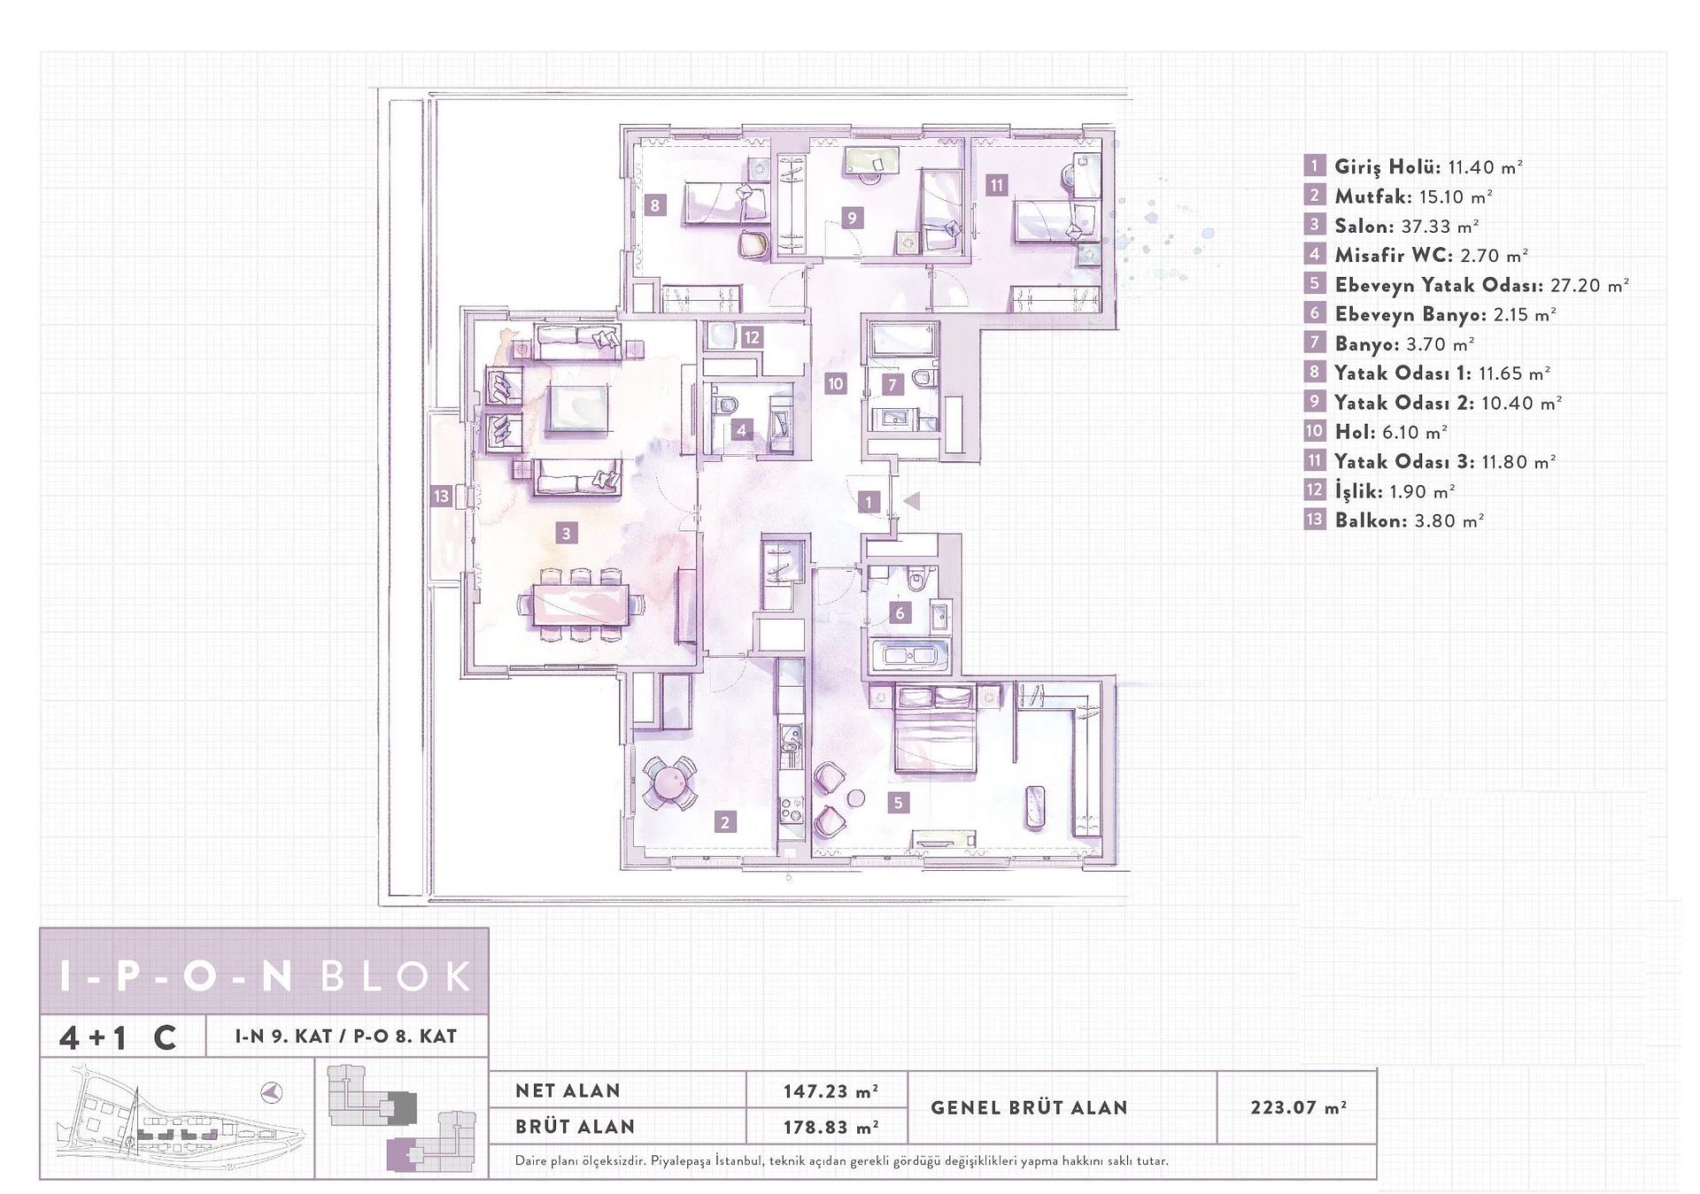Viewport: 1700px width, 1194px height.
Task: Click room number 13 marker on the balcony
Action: (441, 496)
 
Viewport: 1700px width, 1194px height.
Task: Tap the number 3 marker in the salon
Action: (567, 533)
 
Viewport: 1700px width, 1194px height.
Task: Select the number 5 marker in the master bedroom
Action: (899, 803)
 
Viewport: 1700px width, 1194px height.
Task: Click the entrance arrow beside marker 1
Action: (911, 501)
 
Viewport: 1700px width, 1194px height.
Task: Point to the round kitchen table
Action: (668, 782)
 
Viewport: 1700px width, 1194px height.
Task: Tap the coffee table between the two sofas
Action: (577, 408)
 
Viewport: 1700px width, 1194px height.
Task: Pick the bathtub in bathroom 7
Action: (901, 338)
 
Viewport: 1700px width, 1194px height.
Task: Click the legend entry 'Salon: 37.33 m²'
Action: (1407, 226)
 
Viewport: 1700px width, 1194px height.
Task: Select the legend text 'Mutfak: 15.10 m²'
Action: (1413, 196)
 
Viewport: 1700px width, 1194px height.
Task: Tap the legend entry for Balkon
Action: (1409, 520)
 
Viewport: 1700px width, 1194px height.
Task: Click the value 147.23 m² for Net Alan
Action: (830, 1091)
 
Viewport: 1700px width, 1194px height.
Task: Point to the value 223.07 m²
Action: (1298, 1107)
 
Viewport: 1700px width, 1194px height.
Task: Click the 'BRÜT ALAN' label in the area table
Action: (575, 1127)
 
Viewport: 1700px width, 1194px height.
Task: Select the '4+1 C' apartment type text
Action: (118, 1036)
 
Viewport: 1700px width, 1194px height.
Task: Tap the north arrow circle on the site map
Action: (272, 1093)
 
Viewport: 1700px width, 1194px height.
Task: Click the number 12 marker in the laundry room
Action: (752, 337)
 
